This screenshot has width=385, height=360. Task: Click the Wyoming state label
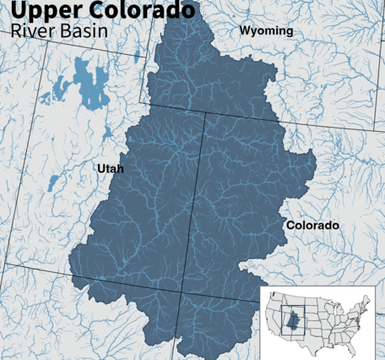pos(266,31)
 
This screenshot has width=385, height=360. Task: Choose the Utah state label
pos(110,169)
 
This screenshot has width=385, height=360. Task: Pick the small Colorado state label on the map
pos(312,226)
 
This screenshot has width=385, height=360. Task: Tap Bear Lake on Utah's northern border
pos(137,57)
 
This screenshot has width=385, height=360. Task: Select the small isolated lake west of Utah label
pos(52,182)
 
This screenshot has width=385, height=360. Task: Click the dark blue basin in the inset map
pos(292,319)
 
